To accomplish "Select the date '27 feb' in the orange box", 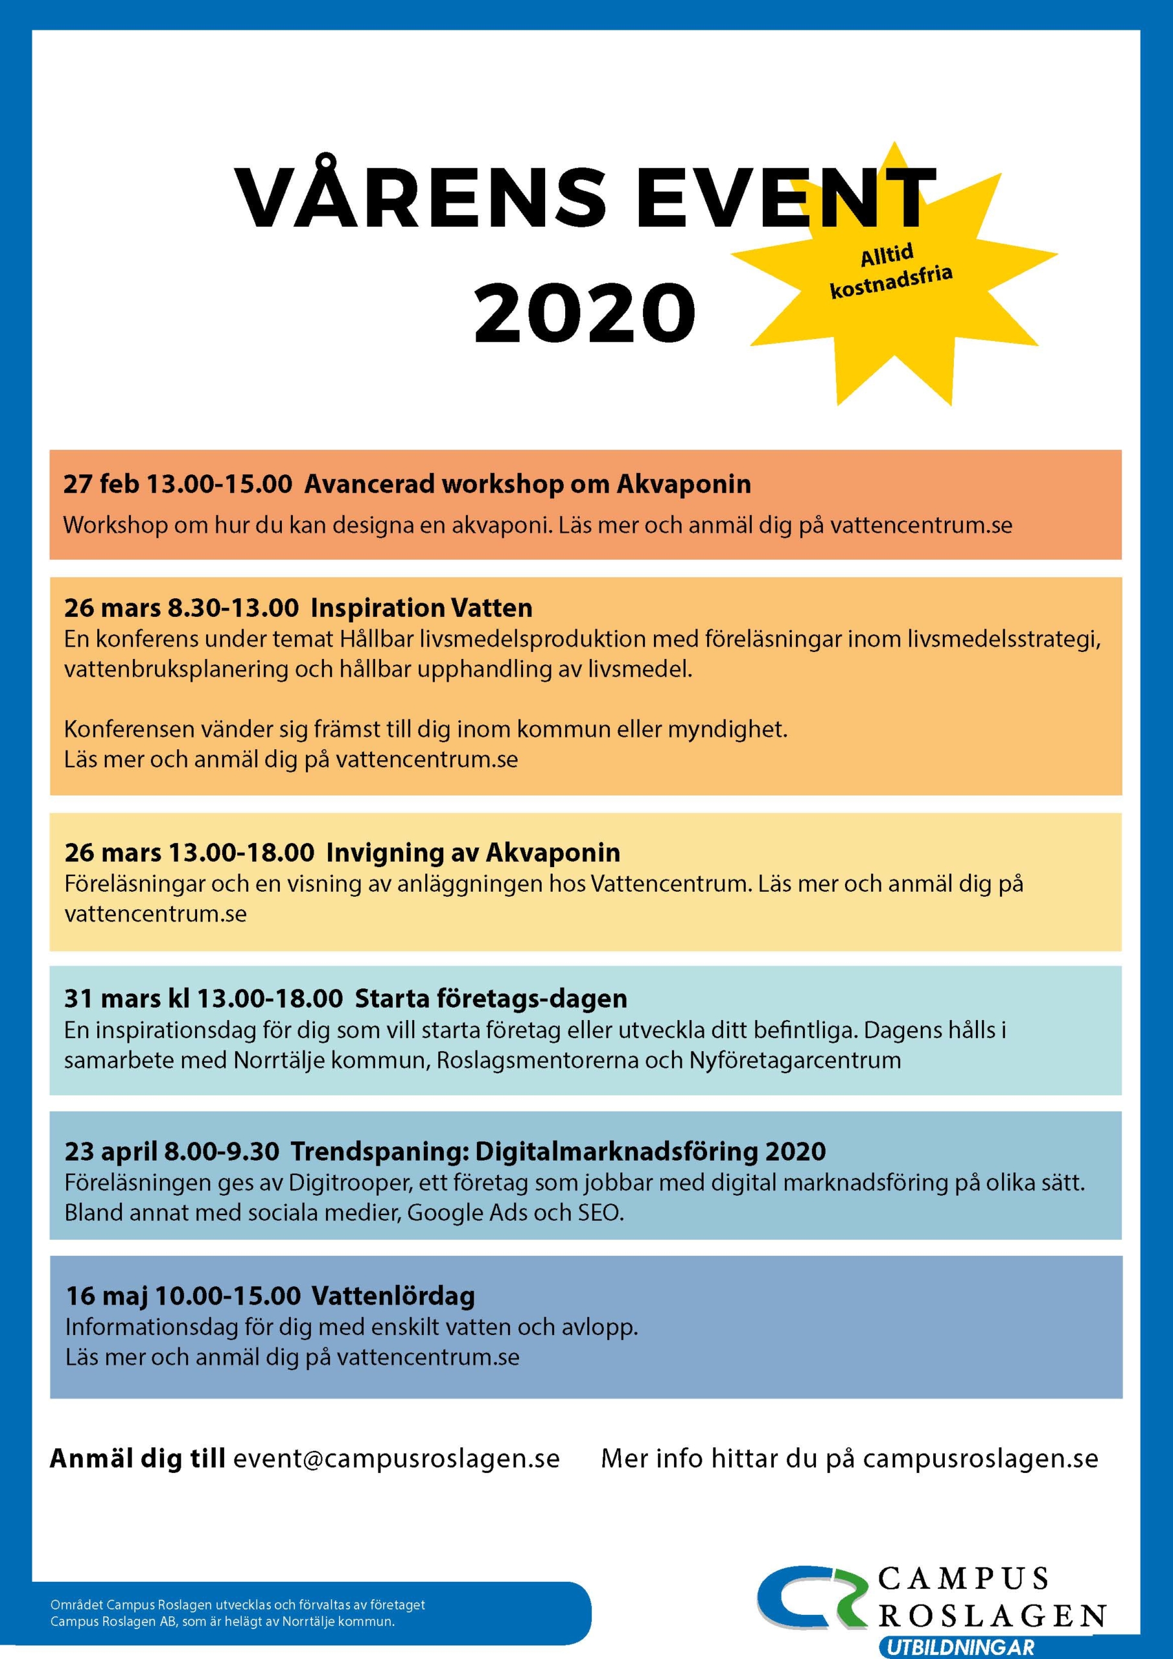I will (100, 483).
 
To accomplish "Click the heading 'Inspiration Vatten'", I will (421, 608).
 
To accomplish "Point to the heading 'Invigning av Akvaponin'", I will (472, 853).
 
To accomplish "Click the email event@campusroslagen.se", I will (396, 1459).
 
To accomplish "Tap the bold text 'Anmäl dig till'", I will (137, 1459).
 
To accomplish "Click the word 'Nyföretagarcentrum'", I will (795, 1060).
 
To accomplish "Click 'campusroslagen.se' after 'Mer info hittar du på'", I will (980, 1459).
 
